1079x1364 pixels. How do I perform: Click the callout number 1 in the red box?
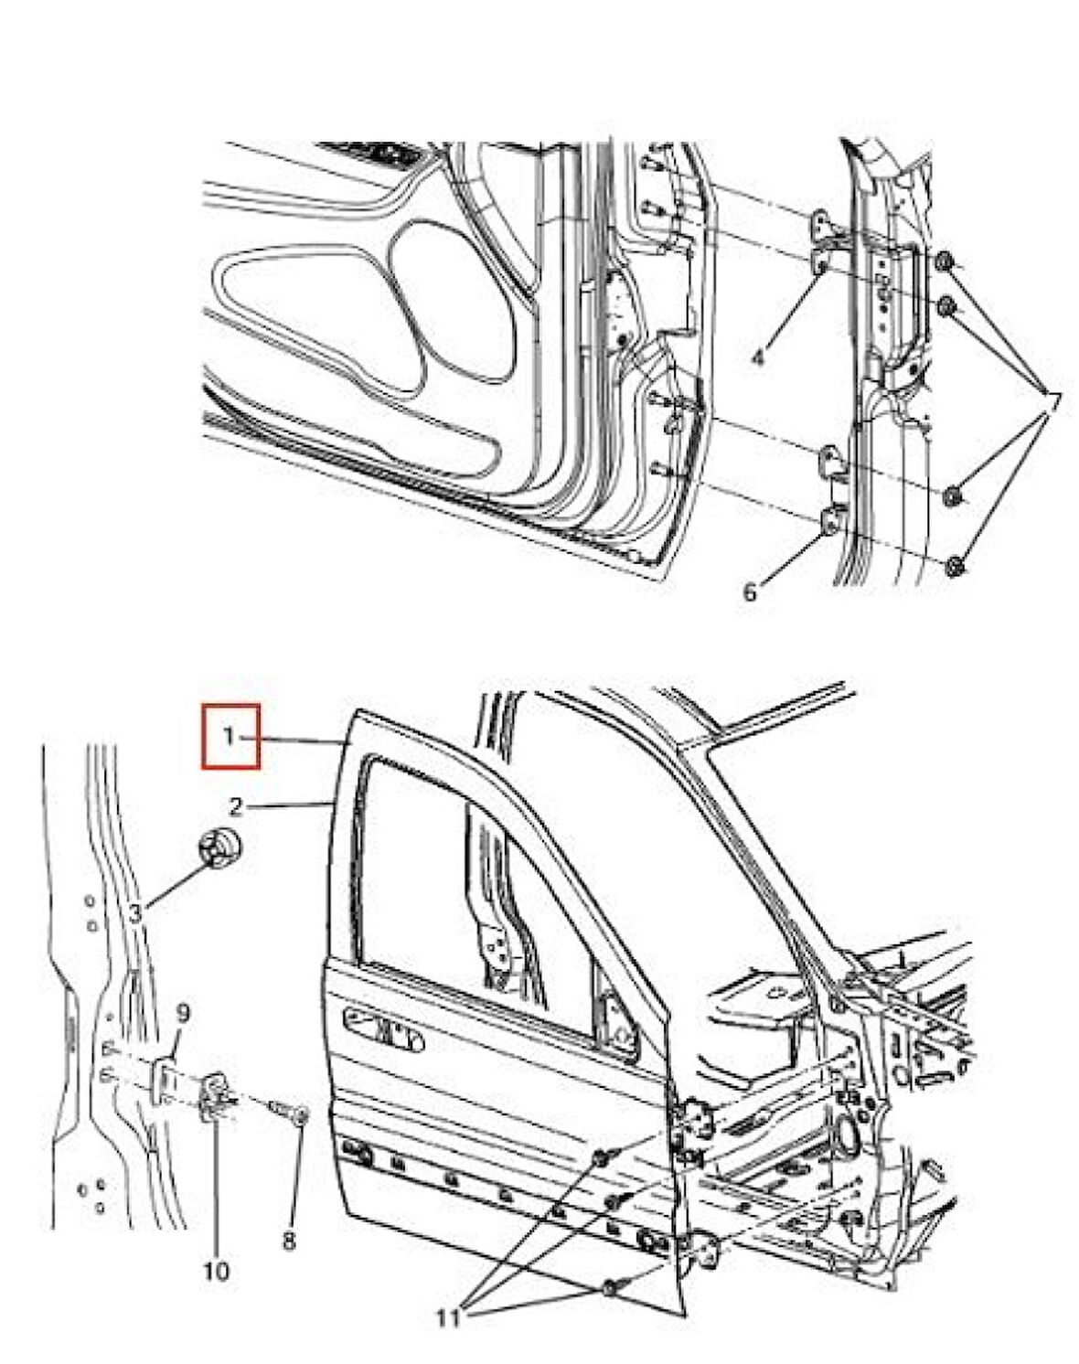point(229,737)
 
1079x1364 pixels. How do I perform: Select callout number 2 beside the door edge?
point(235,807)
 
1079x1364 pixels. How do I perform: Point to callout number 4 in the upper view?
point(758,358)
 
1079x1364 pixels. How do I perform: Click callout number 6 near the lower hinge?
point(749,592)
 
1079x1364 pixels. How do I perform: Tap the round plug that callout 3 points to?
point(222,848)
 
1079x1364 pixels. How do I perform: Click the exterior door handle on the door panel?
point(383,1030)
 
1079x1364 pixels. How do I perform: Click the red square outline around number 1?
point(230,737)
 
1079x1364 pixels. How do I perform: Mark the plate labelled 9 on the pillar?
point(166,1078)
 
